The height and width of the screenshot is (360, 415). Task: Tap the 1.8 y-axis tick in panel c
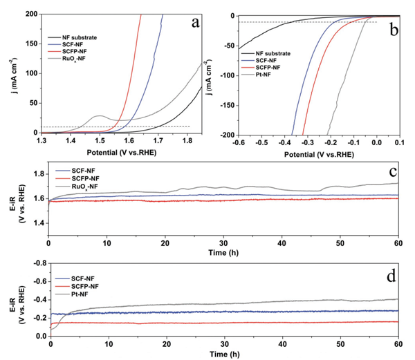(36, 173)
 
